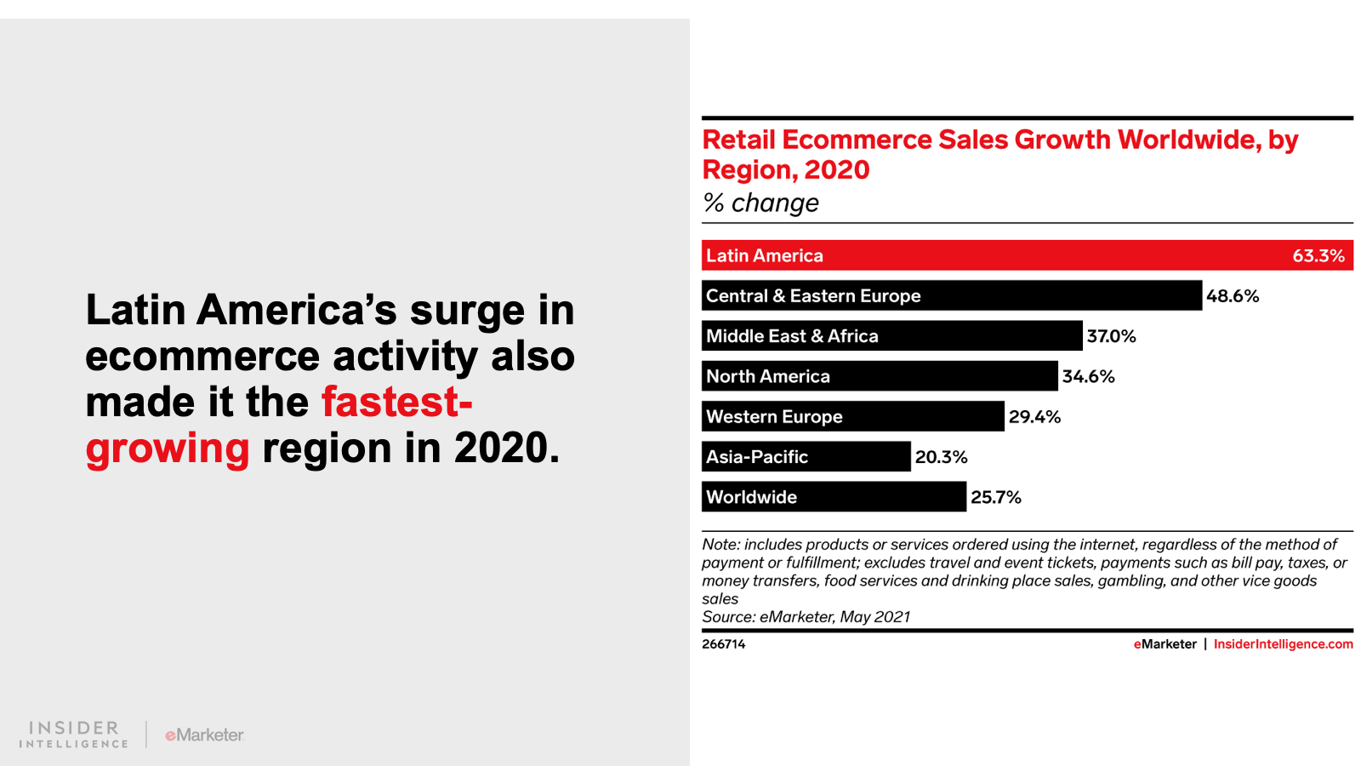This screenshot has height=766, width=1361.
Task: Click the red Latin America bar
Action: pos(1027,255)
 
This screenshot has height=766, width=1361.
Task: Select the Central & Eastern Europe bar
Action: pos(951,295)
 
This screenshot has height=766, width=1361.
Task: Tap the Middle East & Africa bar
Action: pos(891,335)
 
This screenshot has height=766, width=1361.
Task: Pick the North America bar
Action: pos(880,376)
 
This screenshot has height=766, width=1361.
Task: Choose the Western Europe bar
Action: pos(852,416)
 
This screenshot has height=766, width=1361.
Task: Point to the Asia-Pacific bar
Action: pos(806,456)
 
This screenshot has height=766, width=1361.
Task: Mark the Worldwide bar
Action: pos(834,497)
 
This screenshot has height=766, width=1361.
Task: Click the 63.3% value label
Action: pos(1318,256)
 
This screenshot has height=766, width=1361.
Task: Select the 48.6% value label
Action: pos(1233,296)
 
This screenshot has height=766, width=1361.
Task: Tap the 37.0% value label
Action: pos(1111,336)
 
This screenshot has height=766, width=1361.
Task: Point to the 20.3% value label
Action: pos(941,457)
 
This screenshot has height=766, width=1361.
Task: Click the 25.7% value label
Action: pos(995,497)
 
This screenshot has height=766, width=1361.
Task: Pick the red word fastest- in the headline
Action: pos(396,402)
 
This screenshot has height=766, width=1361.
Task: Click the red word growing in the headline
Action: pos(168,449)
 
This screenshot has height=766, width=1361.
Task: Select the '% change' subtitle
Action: pos(760,203)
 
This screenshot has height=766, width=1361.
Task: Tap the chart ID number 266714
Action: pos(723,644)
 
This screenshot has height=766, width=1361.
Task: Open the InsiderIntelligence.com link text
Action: pos(1283,644)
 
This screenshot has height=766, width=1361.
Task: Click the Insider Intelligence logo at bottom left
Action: pos(74,735)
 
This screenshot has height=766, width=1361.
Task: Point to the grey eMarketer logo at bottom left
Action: pos(204,735)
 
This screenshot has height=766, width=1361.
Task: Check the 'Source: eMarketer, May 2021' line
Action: pos(806,617)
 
